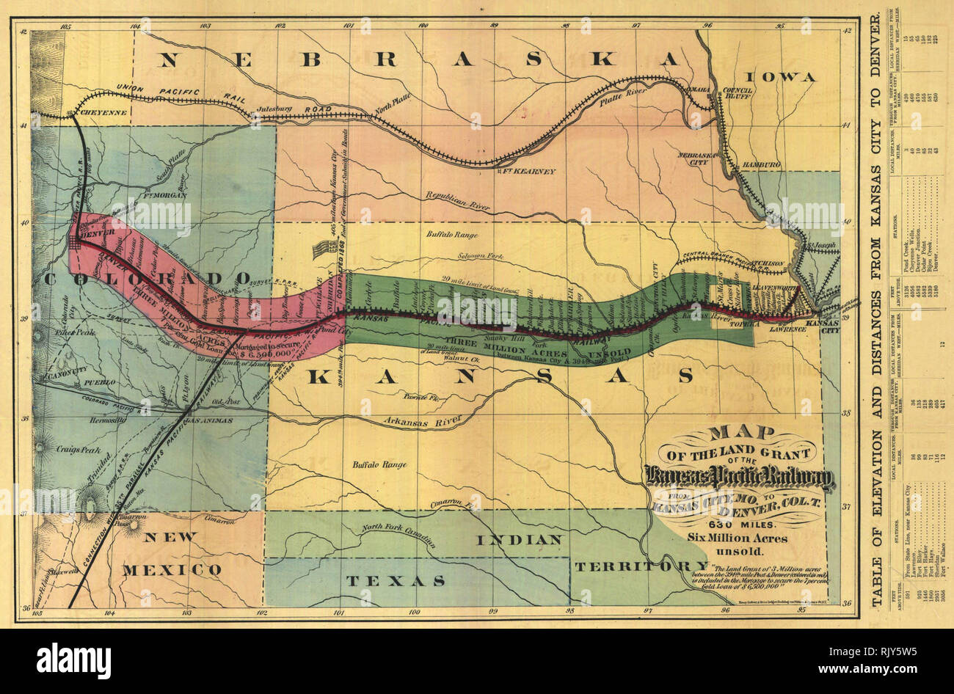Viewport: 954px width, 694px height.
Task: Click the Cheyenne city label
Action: [x=103, y=112]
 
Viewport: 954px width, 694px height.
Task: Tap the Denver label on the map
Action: [x=93, y=233]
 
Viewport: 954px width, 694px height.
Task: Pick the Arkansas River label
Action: [x=422, y=421]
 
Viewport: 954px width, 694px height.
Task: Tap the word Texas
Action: [x=396, y=580]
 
